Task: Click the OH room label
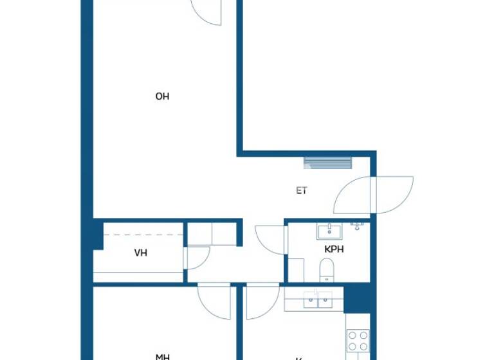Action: tap(162, 96)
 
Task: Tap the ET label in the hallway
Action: tap(301, 190)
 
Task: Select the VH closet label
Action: tap(140, 253)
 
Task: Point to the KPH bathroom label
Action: tap(334, 249)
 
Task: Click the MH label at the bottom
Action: tap(162, 355)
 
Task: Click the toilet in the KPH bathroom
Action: tap(326, 269)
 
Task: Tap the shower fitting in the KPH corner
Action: tap(358, 226)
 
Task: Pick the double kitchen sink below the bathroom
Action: tap(318, 300)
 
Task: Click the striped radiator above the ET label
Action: tap(328, 163)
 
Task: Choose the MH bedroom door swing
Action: tap(214, 301)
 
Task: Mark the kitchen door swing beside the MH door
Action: tap(261, 301)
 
